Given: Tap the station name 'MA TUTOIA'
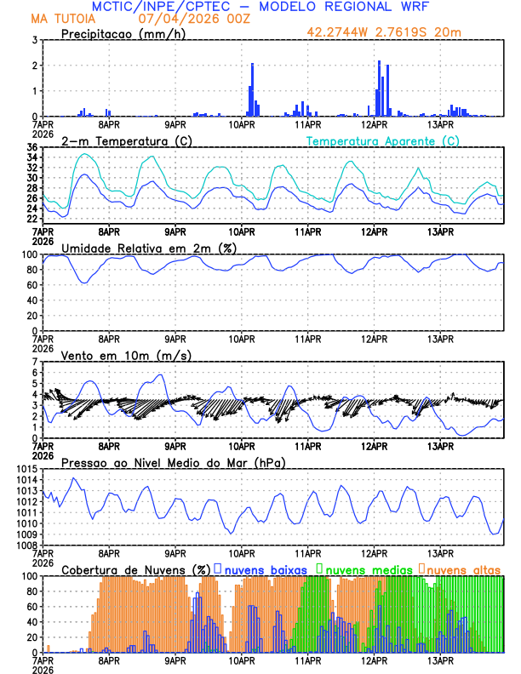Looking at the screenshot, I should [61, 18].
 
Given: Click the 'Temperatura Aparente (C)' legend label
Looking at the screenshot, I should [382, 140].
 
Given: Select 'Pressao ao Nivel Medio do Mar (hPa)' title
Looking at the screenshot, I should [173, 462].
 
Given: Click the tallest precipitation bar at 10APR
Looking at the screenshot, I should [252, 89].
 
